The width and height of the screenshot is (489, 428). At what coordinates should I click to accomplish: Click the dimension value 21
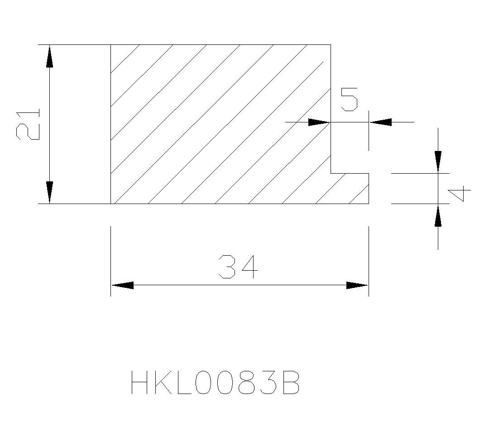click(28, 124)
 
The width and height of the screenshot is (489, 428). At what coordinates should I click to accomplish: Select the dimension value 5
click(349, 99)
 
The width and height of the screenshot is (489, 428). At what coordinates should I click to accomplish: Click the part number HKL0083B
click(215, 382)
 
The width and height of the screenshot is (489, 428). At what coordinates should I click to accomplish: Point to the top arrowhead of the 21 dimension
click(49, 56)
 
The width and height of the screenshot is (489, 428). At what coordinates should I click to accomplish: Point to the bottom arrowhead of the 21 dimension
click(49, 192)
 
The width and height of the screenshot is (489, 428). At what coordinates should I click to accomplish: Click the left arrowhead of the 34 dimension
click(122, 285)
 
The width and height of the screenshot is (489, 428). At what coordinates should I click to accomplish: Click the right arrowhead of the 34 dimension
click(357, 285)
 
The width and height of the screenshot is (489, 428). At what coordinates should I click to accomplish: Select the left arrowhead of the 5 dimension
click(319, 122)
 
